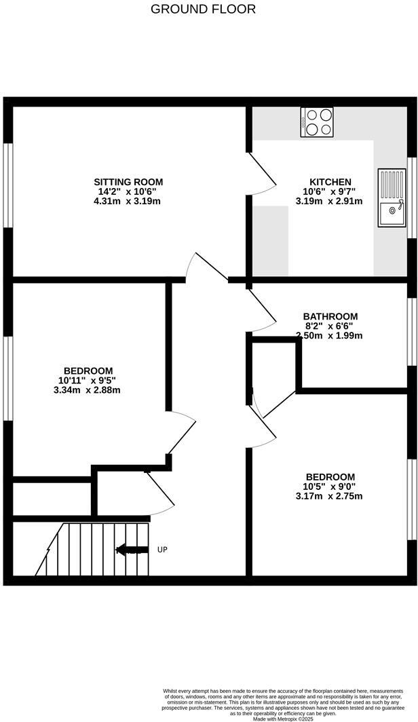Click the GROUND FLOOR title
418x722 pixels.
(204, 9)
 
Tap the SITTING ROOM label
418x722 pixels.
(128, 182)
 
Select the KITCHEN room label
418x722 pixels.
(330, 182)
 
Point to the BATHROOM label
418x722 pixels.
(330, 316)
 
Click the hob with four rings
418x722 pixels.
(317, 122)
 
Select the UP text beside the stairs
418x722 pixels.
(162, 549)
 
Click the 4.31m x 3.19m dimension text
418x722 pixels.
(128, 201)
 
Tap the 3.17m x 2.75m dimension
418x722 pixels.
(330, 496)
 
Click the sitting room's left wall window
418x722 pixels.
(8, 183)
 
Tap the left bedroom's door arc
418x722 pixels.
(180, 434)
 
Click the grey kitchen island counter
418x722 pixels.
(271, 241)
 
